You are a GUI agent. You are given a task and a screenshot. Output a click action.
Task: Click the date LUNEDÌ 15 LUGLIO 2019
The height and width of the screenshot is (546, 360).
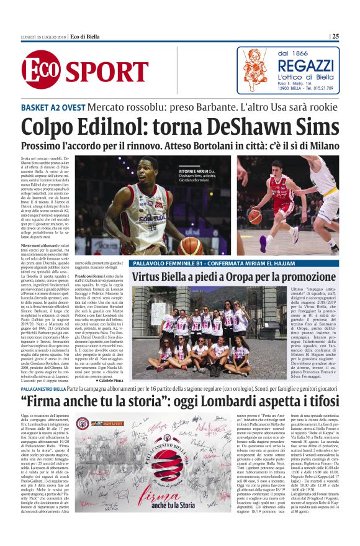[x=42, y=36]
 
